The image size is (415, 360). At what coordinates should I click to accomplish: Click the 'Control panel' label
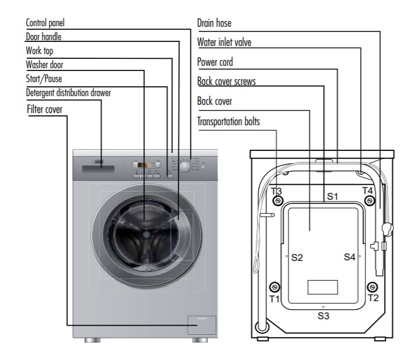(x=45, y=23)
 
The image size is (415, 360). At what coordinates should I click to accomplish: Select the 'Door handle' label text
(x=43, y=37)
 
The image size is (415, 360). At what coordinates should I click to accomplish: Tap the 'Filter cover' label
(x=44, y=109)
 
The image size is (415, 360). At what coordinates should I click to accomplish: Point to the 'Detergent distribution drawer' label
(x=68, y=93)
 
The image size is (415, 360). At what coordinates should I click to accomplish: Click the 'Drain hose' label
(x=214, y=23)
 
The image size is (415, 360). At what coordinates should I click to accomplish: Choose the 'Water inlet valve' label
(x=224, y=42)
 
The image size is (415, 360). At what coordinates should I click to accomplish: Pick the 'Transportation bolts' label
(x=228, y=121)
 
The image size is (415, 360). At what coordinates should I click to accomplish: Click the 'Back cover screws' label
(x=226, y=81)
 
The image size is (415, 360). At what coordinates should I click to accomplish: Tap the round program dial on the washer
(x=185, y=167)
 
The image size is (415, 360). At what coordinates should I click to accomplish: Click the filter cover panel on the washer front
(x=202, y=325)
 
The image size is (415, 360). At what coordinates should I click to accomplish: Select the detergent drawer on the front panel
(x=98, y=169)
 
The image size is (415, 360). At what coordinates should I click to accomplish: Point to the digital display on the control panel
(x=147, y=165)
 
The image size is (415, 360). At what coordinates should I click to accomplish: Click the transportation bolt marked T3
(x=278, y=201)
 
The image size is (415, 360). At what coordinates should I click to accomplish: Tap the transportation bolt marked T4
(x=370, y=201)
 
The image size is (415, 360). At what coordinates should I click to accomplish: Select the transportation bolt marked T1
(x=275, y=287)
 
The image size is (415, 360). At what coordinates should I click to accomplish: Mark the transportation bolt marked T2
(x=372, y=287)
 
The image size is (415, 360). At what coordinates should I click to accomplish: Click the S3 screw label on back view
(x=323, y=316)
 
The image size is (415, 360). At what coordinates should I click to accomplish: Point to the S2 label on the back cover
(x=297, y=257)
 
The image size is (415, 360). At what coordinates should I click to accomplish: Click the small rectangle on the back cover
(x=323, y=287)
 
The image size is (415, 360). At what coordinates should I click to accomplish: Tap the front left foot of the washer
(x=92, y=340)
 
